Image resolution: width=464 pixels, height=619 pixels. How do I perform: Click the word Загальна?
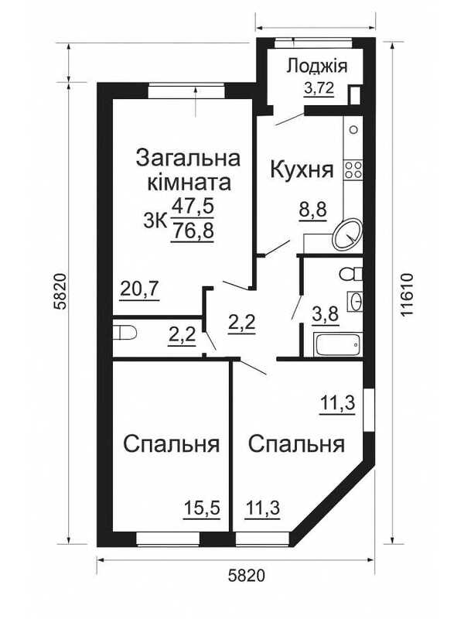click(188, 157)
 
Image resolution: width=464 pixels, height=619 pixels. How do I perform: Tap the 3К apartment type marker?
click(155, 220)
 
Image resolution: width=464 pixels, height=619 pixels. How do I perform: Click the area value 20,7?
click(139, 289)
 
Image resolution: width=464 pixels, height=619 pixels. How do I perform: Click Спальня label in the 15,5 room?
click(172, 445)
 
